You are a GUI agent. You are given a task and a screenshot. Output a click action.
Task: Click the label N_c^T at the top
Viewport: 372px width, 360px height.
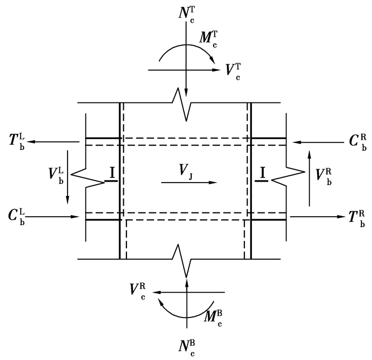click(187, 13)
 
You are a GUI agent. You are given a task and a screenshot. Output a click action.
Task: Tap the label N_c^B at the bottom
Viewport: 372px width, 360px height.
click(187, 346)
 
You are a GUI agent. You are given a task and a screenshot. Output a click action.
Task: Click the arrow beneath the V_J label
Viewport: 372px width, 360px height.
click(189, 182)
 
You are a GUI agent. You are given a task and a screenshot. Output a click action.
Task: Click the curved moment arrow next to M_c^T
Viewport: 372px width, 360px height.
click(183, 53)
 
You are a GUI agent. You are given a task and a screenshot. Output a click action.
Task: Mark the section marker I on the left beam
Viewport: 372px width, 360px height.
click(112, 174)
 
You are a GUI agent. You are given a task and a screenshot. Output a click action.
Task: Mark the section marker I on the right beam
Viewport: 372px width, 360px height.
click(261, 174)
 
